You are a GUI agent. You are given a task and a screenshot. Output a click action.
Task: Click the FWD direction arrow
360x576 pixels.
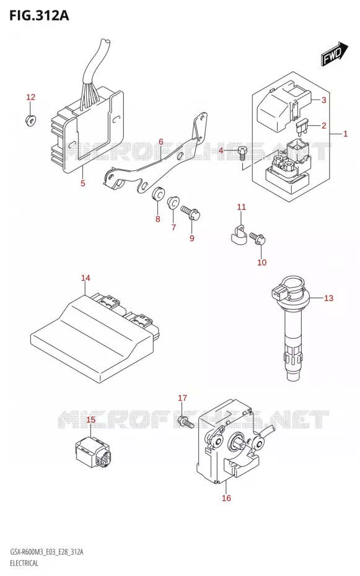(335, 54)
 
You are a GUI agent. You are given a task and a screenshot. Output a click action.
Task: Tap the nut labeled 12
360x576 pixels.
(30, 120)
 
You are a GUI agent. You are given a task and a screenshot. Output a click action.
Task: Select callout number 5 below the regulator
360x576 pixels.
(83, 183)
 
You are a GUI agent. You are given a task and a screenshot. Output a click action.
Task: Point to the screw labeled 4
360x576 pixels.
(242, 152)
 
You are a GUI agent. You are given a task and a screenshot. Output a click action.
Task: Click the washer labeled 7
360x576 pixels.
(173, 203)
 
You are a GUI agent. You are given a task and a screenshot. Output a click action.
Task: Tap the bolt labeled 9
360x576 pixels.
(190, 212)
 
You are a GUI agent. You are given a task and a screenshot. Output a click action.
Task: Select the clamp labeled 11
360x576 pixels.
(238, 236)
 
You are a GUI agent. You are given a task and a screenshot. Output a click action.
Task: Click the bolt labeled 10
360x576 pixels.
(257, 238)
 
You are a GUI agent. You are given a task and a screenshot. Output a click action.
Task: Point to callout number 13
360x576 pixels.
(329, 298)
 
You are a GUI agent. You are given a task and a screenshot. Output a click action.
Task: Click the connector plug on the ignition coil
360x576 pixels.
(278, 292)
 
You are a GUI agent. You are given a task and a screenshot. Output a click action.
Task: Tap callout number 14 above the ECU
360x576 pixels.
(86, 277)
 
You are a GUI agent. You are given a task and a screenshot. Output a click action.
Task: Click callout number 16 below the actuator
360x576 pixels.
(226, 498)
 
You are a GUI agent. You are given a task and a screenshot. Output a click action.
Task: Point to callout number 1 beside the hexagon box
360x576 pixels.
(345, 134)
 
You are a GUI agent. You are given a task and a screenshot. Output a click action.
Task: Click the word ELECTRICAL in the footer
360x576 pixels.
(24, 562)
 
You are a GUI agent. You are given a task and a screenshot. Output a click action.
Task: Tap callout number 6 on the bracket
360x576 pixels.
(161, 142)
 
